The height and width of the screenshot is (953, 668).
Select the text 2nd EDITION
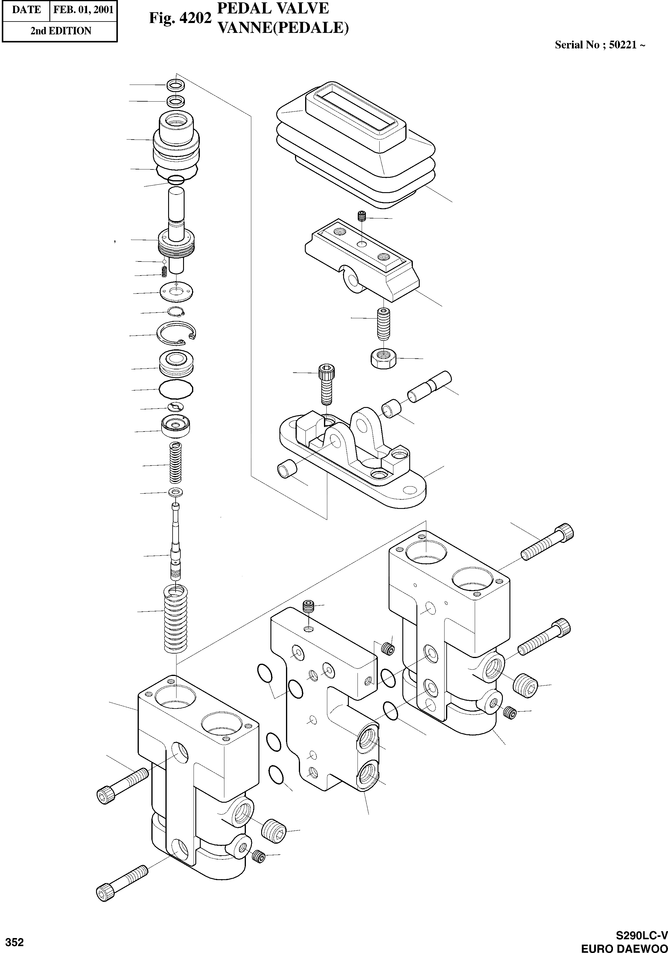tap(61, 31)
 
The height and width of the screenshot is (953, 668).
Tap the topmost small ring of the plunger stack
tap(175, 85)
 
